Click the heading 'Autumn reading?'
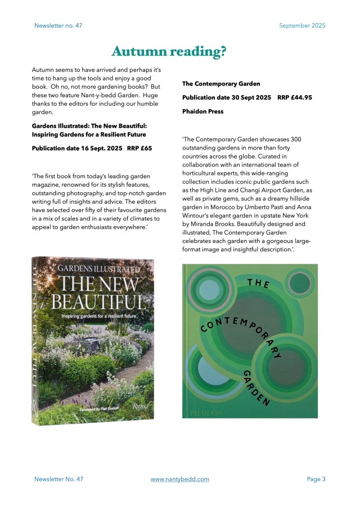[169, 52]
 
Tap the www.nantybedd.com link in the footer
[180, 479]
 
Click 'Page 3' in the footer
[316, 479]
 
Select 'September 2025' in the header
[302, 25]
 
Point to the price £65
[146, 148]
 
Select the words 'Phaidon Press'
[202, 111]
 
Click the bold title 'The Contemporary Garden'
[221, 84]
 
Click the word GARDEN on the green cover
[257, 388]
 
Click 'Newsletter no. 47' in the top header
[58, 25]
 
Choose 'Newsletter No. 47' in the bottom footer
[58, 479]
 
